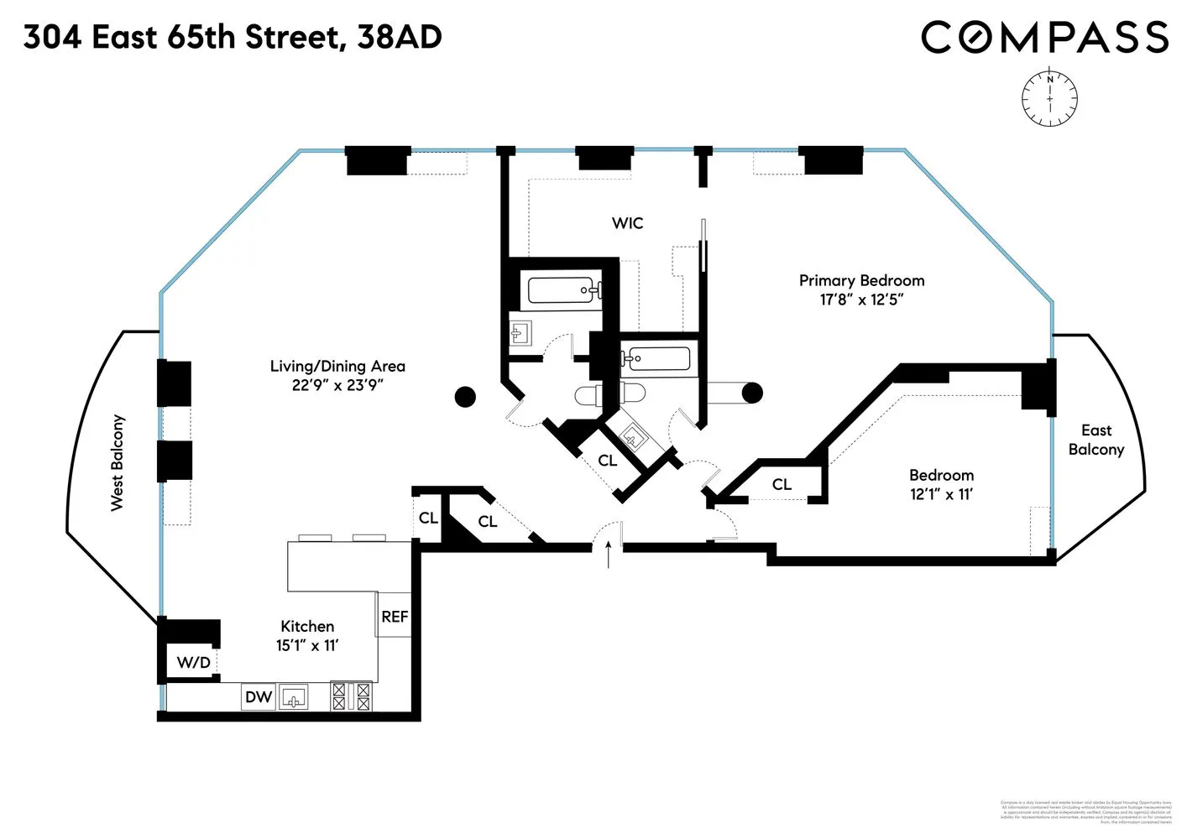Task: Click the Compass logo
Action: (1044, 38)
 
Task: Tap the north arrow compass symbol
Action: (1049, 99)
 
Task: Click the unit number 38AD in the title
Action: (400, 37)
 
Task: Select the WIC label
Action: (627, 223)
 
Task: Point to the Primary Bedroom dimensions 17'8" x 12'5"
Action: (861, 300)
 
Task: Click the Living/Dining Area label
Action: (337, 366)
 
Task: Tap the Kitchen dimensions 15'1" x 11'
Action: (306, 645)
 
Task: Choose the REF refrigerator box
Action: (395, 616)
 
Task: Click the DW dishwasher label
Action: (259, 696)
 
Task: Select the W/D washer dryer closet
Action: (193, 663)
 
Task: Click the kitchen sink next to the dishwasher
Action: (294, 697)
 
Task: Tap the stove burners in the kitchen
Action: (351, 696)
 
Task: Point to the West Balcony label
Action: (118, 462)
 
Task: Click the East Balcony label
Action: (1095, 440)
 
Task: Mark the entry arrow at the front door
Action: (609, 555)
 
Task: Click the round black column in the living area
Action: (465, 397)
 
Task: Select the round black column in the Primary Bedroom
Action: (752, 392)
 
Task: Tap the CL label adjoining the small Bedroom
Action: (782, 484)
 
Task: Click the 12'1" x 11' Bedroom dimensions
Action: (941, 494)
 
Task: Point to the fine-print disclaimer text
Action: (1086, 812)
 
